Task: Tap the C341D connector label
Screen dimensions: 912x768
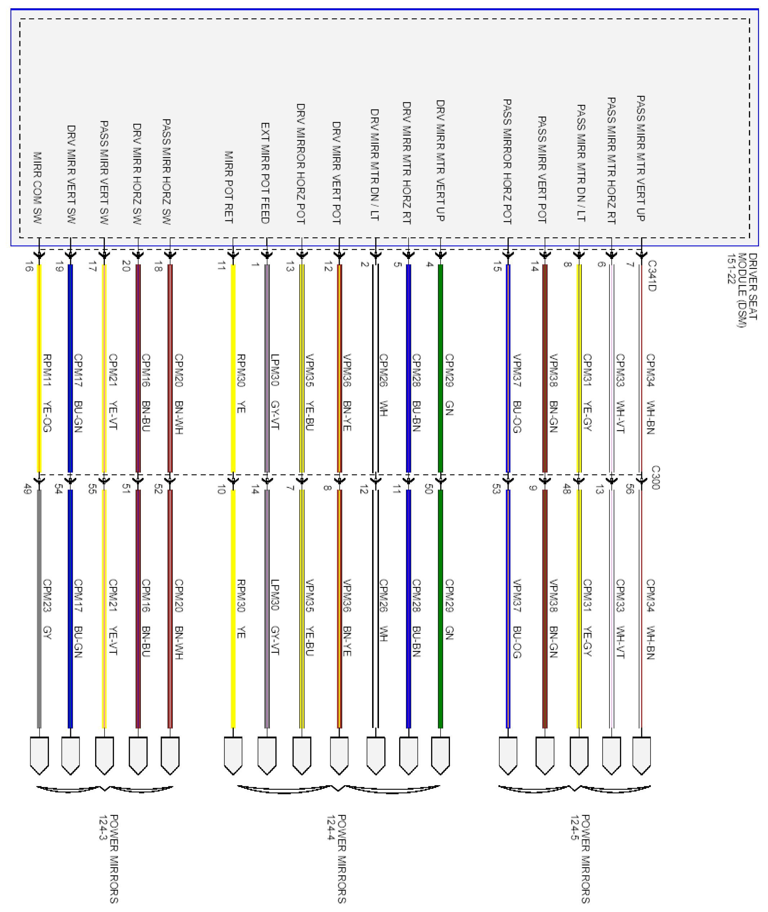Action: point(652,275)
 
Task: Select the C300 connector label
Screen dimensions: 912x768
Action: point(656,478)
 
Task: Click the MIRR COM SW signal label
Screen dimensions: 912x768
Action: point(37,188)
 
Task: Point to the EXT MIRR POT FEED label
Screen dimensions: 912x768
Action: point(265,173)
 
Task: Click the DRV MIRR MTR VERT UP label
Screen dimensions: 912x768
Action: point(440,161)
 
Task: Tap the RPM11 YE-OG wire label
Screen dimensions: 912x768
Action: point(47,393)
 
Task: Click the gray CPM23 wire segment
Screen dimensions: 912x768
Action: point(39,609)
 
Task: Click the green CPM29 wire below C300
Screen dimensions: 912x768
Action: point(440,609)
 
